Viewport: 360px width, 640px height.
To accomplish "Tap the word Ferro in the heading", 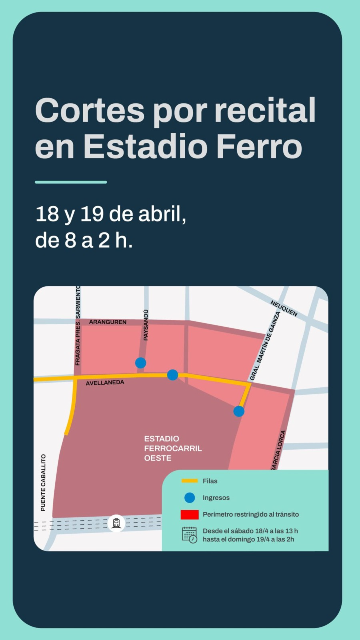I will (x=259, y=146).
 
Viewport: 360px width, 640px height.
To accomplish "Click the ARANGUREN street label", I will (x=108, y=322).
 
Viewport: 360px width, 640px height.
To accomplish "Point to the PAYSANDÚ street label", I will (x=146, y=325).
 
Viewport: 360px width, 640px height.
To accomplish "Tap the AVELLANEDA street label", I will (x=105, y=383).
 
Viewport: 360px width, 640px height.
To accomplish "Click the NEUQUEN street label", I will (x=284, y=308).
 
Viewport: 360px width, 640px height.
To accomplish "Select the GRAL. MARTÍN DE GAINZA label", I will (x=264, y=346).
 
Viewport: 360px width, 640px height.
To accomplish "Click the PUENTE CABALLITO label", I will (x=43, y=482).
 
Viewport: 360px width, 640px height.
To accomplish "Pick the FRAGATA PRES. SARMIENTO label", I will (x=78, y=326).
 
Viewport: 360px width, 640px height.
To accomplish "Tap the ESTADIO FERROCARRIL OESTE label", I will (x=173, y=448).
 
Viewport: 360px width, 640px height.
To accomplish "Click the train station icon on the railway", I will (x=116, y=523).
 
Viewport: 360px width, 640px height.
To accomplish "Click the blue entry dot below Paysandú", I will (x=140, y=363).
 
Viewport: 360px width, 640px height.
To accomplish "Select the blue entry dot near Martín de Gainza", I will (x=239, y=411).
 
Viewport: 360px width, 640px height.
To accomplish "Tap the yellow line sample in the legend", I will (x=190, y=481).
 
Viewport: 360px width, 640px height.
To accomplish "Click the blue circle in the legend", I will (x=190, y=498).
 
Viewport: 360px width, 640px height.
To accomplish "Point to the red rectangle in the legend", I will (x=190, y=514).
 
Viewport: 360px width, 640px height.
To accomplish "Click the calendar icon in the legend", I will (x=190, y=535).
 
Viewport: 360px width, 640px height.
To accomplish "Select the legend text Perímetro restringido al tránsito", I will (x=251, y=514).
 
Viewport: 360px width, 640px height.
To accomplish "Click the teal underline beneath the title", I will (x=71, y=182).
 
